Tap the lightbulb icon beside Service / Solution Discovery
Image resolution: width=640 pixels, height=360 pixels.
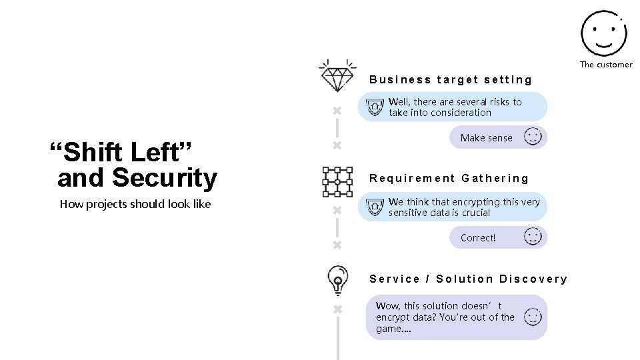337,280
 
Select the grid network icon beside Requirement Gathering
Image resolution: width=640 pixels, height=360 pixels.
337,181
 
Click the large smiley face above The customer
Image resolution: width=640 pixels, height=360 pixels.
603,33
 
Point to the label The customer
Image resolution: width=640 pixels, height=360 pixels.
605,65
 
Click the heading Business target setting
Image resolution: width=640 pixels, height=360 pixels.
451,80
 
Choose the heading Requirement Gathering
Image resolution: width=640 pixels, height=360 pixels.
449,179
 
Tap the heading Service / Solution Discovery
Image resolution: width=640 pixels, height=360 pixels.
468,279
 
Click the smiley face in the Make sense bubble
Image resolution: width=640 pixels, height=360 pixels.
533,137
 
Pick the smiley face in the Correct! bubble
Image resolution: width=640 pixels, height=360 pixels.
533,237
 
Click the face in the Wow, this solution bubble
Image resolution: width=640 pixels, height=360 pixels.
533,317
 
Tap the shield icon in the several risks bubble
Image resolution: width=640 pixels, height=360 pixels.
376,107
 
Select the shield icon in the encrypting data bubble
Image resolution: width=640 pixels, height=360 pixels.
376,207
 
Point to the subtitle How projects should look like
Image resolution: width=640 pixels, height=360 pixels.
135,204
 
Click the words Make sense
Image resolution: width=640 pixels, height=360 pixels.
486,138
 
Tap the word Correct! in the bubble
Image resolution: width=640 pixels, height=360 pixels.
478,238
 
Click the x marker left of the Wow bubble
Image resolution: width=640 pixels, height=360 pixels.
337,309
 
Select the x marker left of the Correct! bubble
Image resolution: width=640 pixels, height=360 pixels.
337,245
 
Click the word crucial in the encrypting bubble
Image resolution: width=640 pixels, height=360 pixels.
475,213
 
